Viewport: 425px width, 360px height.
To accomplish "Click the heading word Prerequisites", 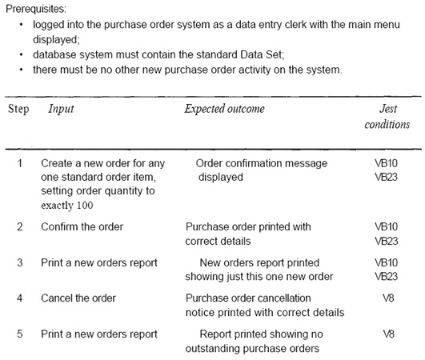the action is pyautogui.click(x=36, y=9).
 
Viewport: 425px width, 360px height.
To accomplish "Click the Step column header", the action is pyautogui.click(x=18, y=109).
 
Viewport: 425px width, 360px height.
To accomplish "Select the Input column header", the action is pyautogui.click(x=61, y=109).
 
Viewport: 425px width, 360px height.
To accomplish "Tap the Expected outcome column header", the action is pyautogui.click(x=224, y=109).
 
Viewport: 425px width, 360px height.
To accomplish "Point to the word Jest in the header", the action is pyautogui.click(x=388, y=109).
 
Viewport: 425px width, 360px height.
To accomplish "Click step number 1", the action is pyautogui.click(x=20, y=163).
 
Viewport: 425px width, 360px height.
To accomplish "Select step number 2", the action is pyautogui.click(x=20, y=226).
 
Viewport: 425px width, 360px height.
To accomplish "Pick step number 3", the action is pyautogui.click(x=20, y=262).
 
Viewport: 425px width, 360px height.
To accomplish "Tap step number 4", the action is pyautogui.click(x=19, y=298).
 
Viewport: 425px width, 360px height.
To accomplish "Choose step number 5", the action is pyautogui.click(x=20, y=334).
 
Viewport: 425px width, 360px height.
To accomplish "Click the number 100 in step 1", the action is pyautogui.click(x=85, y=205).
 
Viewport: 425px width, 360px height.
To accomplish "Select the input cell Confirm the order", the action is pyautogui.click(x=82, y=226).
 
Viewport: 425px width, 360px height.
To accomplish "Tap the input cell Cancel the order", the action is pyautogui.click(x=78, y=298).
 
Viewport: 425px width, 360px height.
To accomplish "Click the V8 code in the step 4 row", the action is pyautogui.click(x=388, y=298).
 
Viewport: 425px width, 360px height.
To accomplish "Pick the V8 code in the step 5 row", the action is pyautogui.click(x=388, y=334).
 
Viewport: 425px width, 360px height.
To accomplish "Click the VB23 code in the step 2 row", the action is pyautogui.click(x=387, y=241).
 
